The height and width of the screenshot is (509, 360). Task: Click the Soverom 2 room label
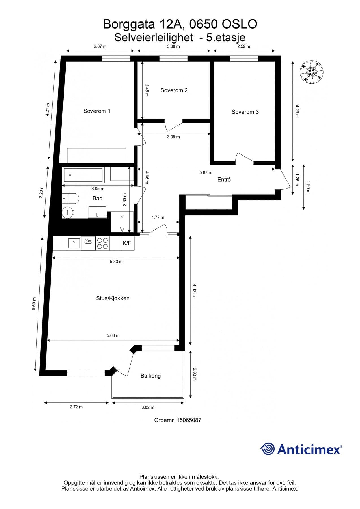pos(174,90)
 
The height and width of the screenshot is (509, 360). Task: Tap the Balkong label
pos(150,376)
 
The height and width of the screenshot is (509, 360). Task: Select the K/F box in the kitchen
pos(127,243)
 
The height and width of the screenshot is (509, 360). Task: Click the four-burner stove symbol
pos(102,243)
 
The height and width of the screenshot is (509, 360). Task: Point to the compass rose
pos(312,72)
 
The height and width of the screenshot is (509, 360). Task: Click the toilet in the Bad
pos(70,199)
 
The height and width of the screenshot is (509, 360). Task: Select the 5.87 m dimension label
pos(206,172)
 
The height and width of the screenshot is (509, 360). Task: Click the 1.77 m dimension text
pos(158,217)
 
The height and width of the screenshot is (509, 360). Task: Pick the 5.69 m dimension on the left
pos(34,304)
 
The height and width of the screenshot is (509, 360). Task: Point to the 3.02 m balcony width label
pos(148,407)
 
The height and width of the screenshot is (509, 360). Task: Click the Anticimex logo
pos(301,449)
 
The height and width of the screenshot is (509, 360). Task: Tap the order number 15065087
pos(189,420)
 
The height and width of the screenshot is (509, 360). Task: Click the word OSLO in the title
pos(239,24)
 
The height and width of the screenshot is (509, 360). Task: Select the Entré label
pos(224,180)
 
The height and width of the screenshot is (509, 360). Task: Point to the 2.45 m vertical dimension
pos(146,90)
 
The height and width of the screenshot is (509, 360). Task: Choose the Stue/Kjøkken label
pos(113,298)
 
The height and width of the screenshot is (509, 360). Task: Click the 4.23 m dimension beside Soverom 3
pos(297,111)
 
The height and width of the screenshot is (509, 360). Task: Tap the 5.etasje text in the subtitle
pos(226,38)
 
